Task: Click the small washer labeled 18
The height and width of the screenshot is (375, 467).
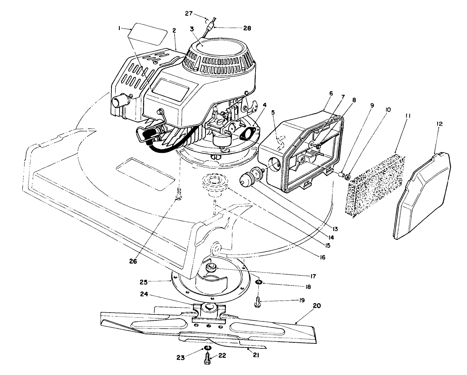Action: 259,282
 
